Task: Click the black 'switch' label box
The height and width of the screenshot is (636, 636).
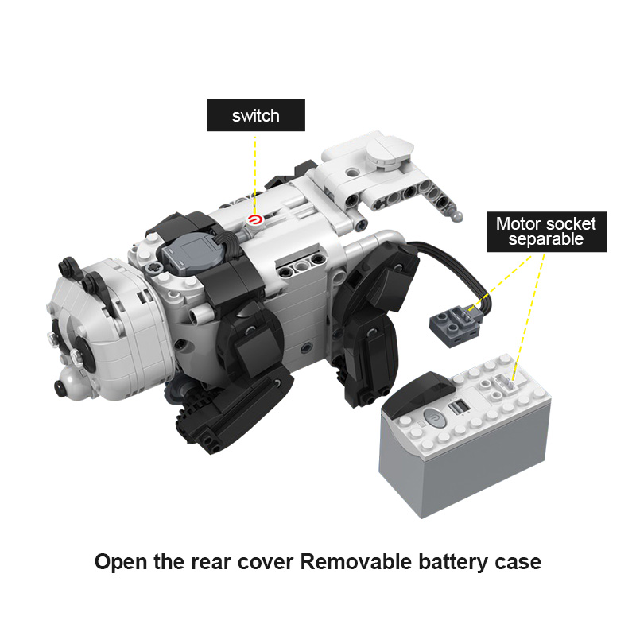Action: click(x=255, y=115)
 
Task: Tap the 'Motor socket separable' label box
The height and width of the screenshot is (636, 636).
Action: click(x=546, y=231)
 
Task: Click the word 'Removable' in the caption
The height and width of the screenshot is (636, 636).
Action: click(x=355, y=562)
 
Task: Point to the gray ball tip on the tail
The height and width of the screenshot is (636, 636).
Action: click(x=457, y=215)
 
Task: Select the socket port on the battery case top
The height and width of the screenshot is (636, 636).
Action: click(x=506, y=383)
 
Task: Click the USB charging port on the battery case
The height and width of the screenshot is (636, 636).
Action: click(x=458, y=406)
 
